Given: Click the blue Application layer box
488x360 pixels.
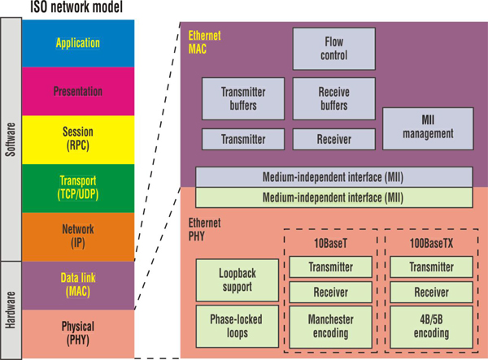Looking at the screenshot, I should (x=77, y=42).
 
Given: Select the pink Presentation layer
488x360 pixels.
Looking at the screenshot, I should (x=77, y=91).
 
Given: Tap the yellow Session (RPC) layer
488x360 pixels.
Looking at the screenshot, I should (x=77, y=140).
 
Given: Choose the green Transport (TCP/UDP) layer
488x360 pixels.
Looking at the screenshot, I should (x=77, y=189).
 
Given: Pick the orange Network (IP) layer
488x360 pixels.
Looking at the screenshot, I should (x=77, y=236).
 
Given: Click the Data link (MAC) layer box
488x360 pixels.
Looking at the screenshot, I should (x=77, y=285).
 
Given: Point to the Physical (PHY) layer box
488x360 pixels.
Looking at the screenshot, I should (x=77, y=333).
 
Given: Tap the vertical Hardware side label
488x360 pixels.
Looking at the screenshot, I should (x=11, y=310).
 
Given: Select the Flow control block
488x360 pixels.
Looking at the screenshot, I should (x=334, y=49).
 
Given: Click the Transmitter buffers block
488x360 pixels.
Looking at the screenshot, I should (x=243, y=98).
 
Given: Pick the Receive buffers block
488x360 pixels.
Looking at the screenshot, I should (x=334, y=98).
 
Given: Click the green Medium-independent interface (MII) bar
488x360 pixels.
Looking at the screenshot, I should (x=333, y=197).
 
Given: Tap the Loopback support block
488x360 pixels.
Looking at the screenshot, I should (x=237, y=280).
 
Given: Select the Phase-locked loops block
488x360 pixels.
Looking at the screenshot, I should (x=237, y=325).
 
